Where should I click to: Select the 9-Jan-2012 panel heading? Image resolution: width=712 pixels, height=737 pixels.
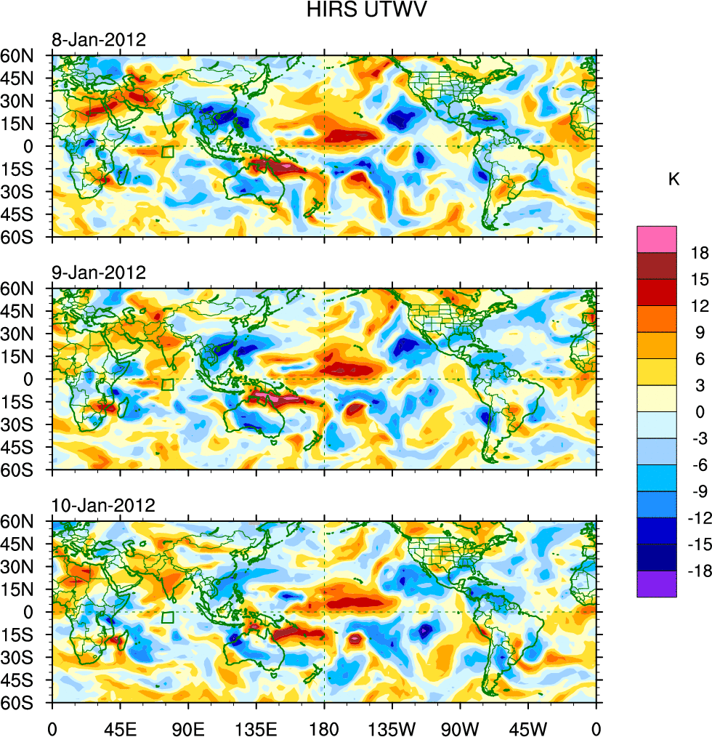click(x=98, y=273)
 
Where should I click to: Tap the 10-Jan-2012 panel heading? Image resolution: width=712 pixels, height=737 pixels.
click(x=102, y=506)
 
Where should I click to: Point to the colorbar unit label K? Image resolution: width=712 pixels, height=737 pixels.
click(x=674, y=180)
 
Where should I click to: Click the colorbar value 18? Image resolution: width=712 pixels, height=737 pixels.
click(x=700, y=253)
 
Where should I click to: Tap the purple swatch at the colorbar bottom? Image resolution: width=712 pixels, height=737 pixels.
click(x=657, y=584)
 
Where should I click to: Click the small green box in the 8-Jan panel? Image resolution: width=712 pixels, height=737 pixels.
click(x=167, y=152)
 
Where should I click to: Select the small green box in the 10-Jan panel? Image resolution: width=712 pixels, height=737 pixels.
click(x=167, y=618)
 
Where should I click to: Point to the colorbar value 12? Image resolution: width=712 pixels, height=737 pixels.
click(x=700, y=307)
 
